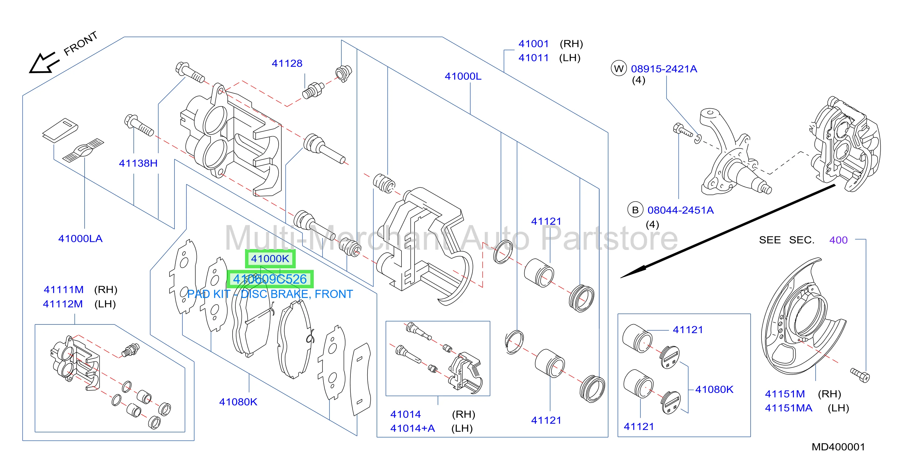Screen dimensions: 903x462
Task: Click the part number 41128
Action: click(287, 63)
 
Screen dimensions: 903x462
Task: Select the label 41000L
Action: click(463, 76)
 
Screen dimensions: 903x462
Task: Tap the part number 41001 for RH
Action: click(534, 44)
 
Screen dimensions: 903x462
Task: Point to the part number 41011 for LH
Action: click(534, 58)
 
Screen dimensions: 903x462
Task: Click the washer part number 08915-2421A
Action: click(664, 69)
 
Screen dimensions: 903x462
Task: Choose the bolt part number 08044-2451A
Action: click(680, 210)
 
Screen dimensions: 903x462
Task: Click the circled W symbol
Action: click(619, 68)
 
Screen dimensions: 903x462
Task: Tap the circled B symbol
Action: click(635, 210)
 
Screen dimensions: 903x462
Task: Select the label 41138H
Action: click(138, 163)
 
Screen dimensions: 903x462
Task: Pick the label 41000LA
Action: click(80, 239)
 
